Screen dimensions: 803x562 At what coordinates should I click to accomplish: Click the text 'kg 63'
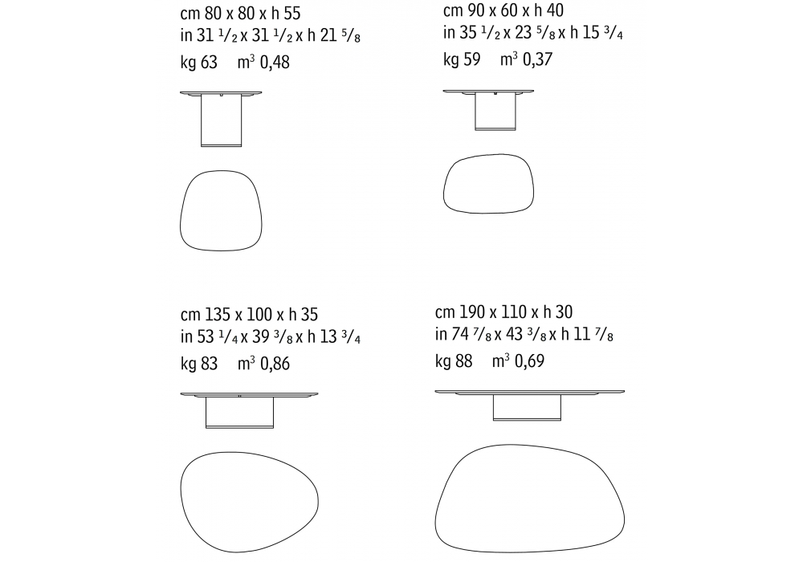198,63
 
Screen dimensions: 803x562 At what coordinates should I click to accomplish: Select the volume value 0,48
275,63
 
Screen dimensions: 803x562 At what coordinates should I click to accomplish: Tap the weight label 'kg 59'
462,59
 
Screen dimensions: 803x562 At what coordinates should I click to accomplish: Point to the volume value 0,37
538,59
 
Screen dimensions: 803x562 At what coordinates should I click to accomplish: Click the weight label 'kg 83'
198,364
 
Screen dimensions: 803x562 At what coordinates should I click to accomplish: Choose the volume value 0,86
275,364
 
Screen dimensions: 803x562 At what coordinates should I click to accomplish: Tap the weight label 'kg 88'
454,360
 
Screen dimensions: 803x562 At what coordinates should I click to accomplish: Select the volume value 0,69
529,360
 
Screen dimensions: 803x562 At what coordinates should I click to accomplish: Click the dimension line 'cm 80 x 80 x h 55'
240,13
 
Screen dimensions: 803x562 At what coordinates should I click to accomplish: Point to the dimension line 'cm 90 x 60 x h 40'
503,10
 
